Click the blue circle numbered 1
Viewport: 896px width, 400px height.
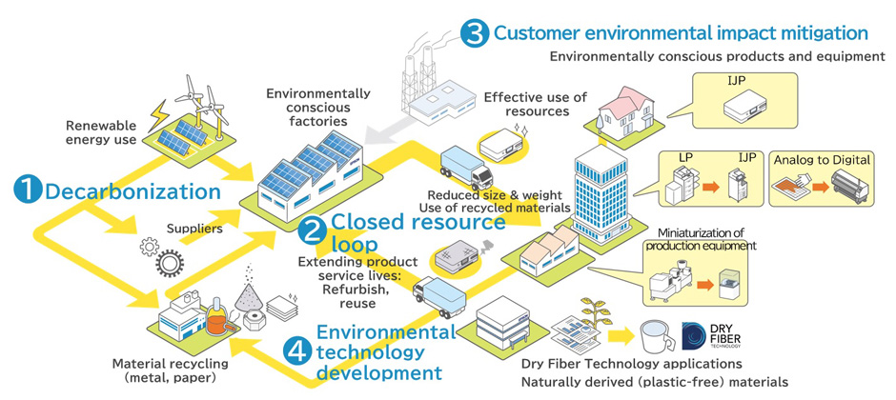pyautogui.click(x=27, y=190)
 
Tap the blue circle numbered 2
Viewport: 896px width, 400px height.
pyautogui.click(x=312, y=228)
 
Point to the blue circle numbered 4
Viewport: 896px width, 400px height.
pyautogui.click(x=297, y=350)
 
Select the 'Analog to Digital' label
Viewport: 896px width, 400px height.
pyautogui.click(x=821, y=159)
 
